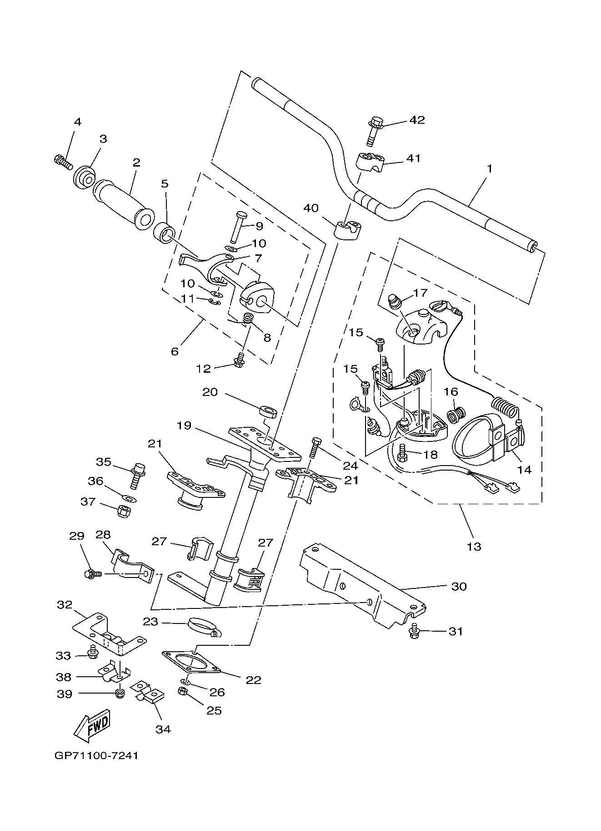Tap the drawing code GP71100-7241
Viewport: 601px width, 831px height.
(96, 756)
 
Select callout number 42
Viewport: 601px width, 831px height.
(417, 120)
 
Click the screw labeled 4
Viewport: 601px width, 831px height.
(63, 162)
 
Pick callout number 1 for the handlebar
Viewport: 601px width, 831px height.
(490, 168)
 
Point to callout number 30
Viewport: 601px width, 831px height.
(459, 586)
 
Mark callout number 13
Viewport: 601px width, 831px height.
(474, 546)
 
